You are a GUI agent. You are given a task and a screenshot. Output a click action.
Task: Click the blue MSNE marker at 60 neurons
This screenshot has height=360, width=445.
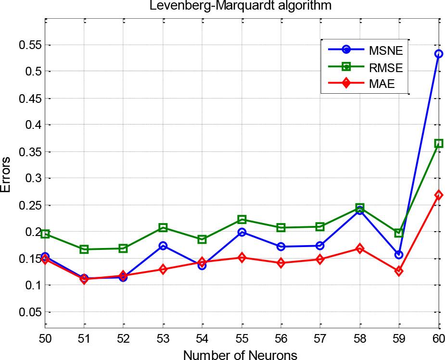click(x=438, y=54)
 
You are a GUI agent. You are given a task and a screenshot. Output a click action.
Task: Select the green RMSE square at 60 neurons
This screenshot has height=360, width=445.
click(x=438, y=143)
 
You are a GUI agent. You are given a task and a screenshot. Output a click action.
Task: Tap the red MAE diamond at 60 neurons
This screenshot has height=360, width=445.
click(x=438, y=195)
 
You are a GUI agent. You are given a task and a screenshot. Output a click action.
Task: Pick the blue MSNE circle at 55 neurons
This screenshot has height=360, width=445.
click(x=242, y=232)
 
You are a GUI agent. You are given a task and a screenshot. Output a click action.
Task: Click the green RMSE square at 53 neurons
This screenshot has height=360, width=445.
click(x=163, y=227)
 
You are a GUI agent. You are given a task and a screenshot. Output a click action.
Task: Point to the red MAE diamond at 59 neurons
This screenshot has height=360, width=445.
click(x=399, y=271)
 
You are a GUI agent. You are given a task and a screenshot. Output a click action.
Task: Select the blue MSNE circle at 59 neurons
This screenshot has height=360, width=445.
click(x=399, y=254)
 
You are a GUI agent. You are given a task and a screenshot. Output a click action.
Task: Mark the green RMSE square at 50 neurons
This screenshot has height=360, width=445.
click(x=45, y=234)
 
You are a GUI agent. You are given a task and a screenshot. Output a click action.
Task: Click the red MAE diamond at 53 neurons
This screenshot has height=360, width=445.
click(x=163, y=269)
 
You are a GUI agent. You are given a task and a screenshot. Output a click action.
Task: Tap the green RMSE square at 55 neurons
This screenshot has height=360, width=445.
click(x=242, y=220)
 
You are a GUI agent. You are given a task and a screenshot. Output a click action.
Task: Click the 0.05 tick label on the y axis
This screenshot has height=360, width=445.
click(x=27, y=312)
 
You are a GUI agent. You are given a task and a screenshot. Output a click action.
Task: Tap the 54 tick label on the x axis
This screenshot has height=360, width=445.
click(x=202, y=339)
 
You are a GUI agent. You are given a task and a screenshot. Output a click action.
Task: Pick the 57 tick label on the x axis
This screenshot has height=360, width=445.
click(x=320, y=339)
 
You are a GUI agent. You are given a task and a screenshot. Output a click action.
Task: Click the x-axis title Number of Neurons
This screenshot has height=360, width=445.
click(x=240, y=354)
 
